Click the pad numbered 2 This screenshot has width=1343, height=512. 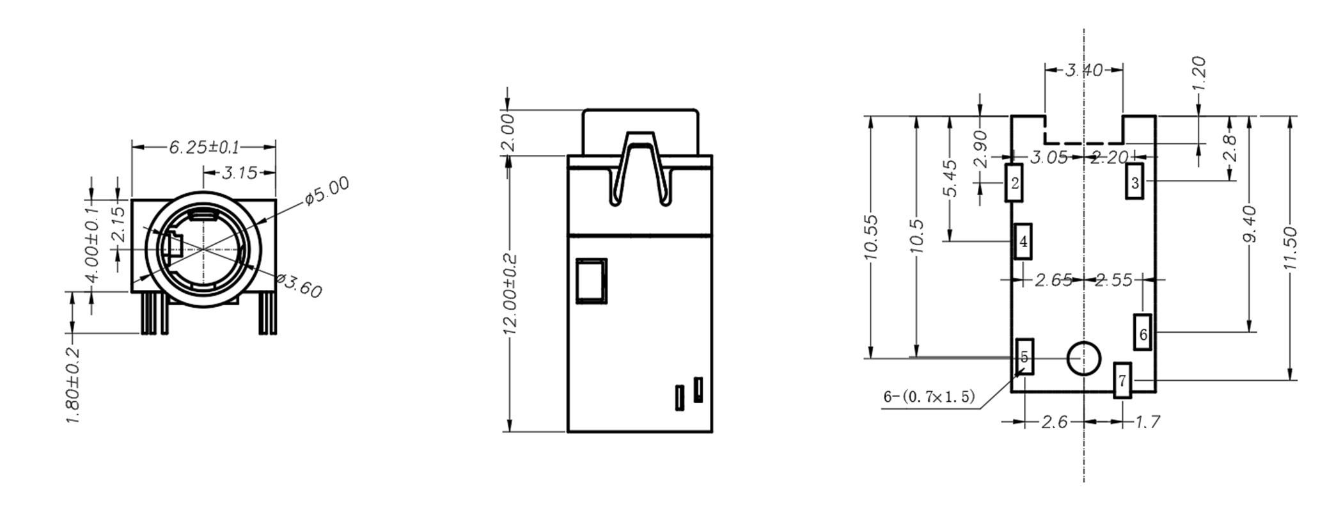[1014, 183]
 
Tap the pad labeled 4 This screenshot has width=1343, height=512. [1023, 241]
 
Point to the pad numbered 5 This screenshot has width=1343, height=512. [1025, 357]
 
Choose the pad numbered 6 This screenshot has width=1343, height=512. [1143, 332]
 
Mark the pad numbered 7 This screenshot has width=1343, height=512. [1122, 380]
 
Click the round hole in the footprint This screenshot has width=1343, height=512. [1083, 358]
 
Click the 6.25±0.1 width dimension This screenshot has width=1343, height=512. [203, 148]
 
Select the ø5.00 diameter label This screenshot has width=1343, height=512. [327, 191]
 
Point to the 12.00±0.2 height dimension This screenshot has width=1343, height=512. [510, 294]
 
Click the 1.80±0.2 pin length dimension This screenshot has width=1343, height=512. [74, 385]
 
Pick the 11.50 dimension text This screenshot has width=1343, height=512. [1290, 248]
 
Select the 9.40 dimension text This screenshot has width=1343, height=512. [1250, 224]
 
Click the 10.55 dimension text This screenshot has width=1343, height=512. [870, 237]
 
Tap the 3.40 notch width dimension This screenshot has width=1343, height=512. [1083, 70]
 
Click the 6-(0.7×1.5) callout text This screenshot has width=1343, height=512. [929, 397]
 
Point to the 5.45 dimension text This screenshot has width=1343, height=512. [950, 179]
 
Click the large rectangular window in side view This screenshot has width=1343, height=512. [591, 280]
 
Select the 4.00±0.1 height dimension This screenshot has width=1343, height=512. [92, 244]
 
